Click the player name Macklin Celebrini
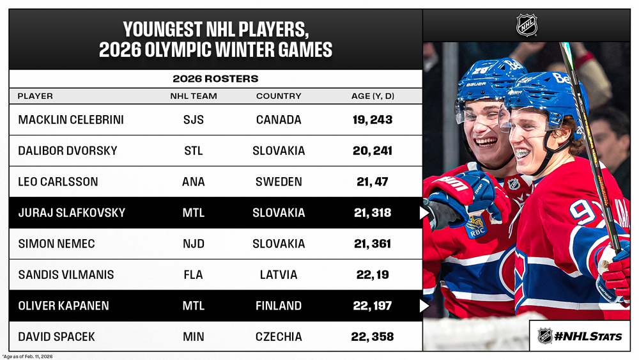point(70,120)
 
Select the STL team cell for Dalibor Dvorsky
point(193,151)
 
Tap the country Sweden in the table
point(279,182)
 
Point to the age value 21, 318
point(373,213)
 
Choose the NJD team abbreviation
point(193,244)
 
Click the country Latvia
point(279,275)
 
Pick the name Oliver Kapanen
point(63,306)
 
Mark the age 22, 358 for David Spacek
point(373,336)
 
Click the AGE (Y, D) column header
point(373,96)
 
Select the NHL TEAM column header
point(193,96)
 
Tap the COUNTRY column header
point(279,96)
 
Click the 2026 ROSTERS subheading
point(215,79)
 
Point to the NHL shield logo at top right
point(527,26)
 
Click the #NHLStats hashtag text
point(589,336)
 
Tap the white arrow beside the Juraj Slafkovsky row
point(424,213)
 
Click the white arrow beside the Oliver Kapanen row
point(424,306)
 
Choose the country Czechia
point(279,336)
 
